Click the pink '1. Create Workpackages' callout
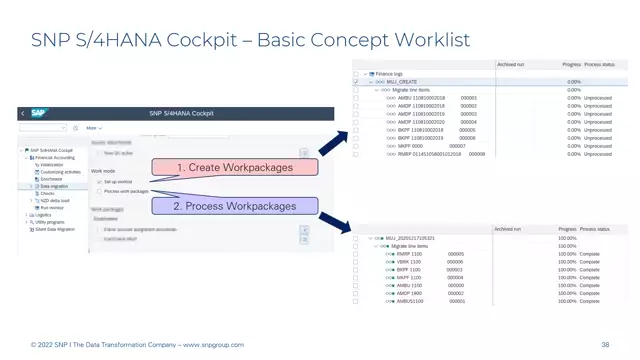(236, 167)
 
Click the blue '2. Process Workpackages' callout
(236, 206)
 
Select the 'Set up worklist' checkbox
(98, 182)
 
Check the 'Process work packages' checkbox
(98, 191)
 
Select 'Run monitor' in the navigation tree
(51, 207)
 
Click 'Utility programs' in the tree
(49, 222)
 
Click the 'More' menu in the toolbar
(93, 128)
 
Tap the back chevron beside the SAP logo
(23, 114)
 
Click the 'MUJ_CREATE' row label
(400, 82)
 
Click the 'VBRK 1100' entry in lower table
(409, 262)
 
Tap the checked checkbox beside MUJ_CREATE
(355, 82)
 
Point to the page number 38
(605, 345)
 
